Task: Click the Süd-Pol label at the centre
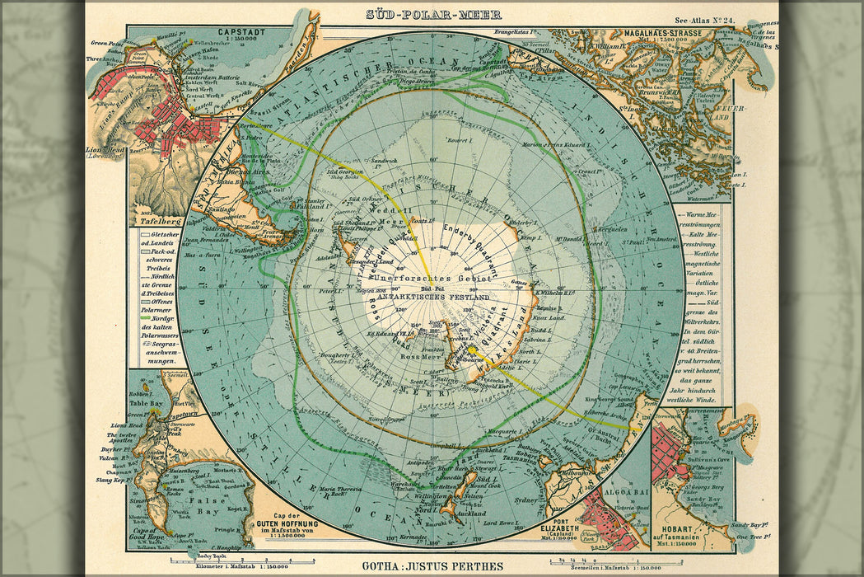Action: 432,289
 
